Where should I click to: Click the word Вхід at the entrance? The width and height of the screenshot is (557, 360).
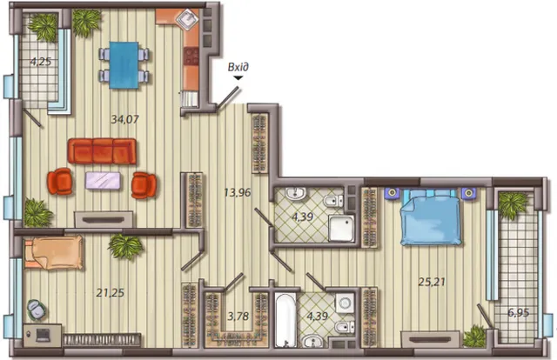point(238,67)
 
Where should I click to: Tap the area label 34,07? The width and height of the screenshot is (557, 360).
point(124,119)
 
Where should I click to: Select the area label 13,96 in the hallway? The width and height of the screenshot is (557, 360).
point(238,192)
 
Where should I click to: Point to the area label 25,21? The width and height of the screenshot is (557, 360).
point(432,282)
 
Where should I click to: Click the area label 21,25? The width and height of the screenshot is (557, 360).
point(111,292)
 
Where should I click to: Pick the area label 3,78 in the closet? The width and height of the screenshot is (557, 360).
point(238,316)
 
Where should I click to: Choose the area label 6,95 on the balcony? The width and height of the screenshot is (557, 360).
point(519,313)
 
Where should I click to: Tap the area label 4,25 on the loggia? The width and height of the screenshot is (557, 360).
point(41,62)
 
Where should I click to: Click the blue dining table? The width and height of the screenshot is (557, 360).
point(124,65)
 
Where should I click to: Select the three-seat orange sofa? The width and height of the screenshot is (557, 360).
point(102,151)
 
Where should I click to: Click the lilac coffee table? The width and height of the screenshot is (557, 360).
point(103,180)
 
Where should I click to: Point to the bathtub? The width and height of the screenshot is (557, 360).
point(285,319)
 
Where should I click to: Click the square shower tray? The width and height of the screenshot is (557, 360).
point(341,228)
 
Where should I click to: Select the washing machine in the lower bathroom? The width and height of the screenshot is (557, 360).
point(345,303)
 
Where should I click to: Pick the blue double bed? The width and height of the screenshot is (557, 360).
point(431,217)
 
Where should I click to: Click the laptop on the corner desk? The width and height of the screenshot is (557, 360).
point(43,335)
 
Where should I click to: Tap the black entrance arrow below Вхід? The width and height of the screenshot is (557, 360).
point(238,77)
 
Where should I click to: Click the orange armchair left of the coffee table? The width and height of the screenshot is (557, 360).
point(60,181)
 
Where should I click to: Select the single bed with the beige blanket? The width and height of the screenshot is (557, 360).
point(53,253)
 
